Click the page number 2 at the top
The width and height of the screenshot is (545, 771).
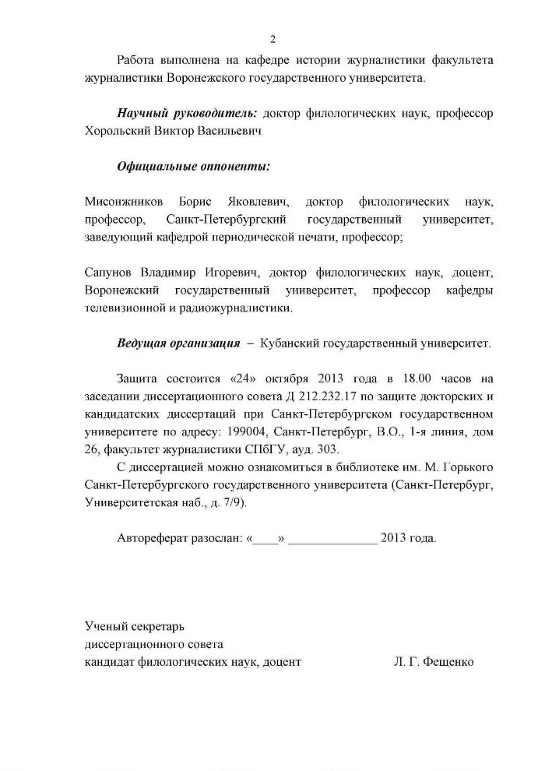point(272,40)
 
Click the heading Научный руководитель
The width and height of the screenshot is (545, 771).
point(188,113)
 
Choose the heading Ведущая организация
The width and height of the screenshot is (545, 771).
point(178,343)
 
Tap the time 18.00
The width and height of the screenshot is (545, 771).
point(398,379)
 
